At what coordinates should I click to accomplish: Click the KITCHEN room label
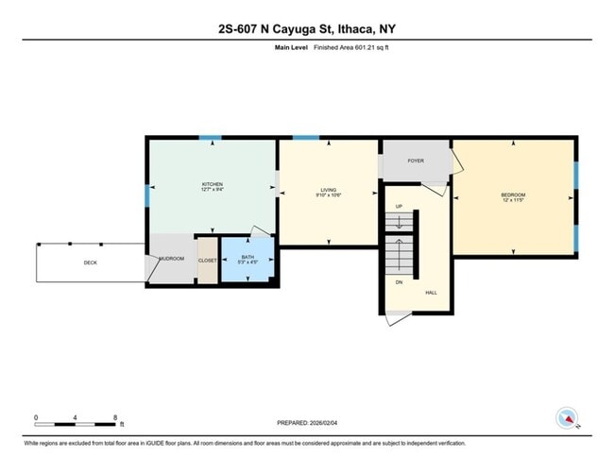click(x=212, y=183)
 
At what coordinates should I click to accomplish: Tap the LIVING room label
click(x=328, y=190)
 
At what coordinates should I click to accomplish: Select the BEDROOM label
click(x=513, y=195)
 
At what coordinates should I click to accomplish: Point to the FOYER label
click(x=416, y=161)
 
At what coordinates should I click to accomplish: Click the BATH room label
click(x=247, y=257)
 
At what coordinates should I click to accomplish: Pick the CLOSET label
click(x=207, y=260)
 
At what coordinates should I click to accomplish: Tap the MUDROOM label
click(x=171, y=258)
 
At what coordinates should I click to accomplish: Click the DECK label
click(x=91, y=262)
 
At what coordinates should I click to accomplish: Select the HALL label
click(x=431, y=293)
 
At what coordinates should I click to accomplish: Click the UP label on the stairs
click(x=399, y=207)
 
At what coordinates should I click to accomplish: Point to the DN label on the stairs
click(x=399, y=282)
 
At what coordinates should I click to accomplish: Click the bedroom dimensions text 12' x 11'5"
click(x=513, y=201)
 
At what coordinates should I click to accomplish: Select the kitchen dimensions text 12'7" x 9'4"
click(x=212, y=190)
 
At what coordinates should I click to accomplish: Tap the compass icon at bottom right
click(x=567, y=418)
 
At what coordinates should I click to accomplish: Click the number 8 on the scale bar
click(x=115, y=416)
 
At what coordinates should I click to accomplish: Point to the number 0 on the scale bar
click(x=36, y=416)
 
